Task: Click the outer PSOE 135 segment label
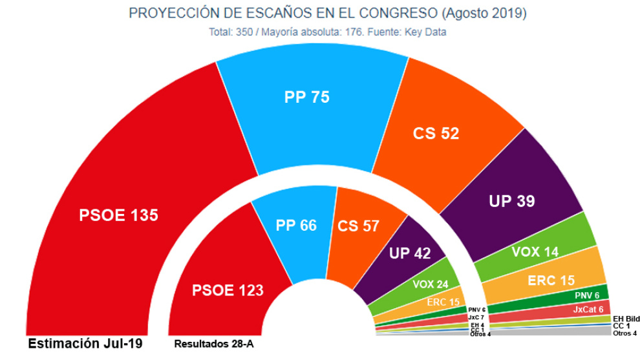pos(118,215)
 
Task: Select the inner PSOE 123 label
pos(228,290)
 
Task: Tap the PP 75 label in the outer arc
pos(306,98)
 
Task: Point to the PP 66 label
pos(297,226)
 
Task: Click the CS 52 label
pos(436,133)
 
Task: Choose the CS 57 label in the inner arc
pos(358,226)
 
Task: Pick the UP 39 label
pos(511,201)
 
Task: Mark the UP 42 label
pos(410,253)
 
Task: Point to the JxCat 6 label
pos(588,310)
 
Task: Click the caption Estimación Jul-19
pos(84,343)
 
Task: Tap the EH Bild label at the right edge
pos(625,319)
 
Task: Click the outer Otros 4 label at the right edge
pos(624,334)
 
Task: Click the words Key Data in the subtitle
pos(425,31)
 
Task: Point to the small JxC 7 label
pos(476,317)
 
